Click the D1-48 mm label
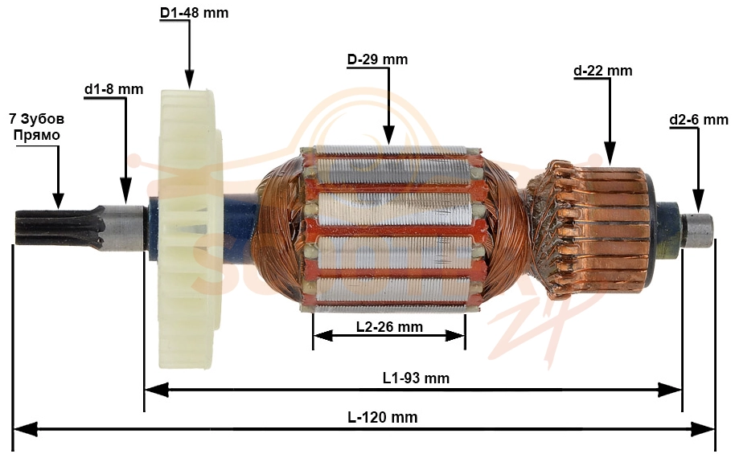point(194,13)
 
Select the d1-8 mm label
point(114,89)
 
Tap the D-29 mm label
point(377,59)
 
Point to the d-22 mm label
point(603,71)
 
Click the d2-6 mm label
point(699,120)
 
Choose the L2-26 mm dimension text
point(389,327)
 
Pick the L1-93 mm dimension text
point(416,378)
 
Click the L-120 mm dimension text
point(383,417)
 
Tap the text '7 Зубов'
point(36,119)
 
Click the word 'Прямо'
point(36,135)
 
